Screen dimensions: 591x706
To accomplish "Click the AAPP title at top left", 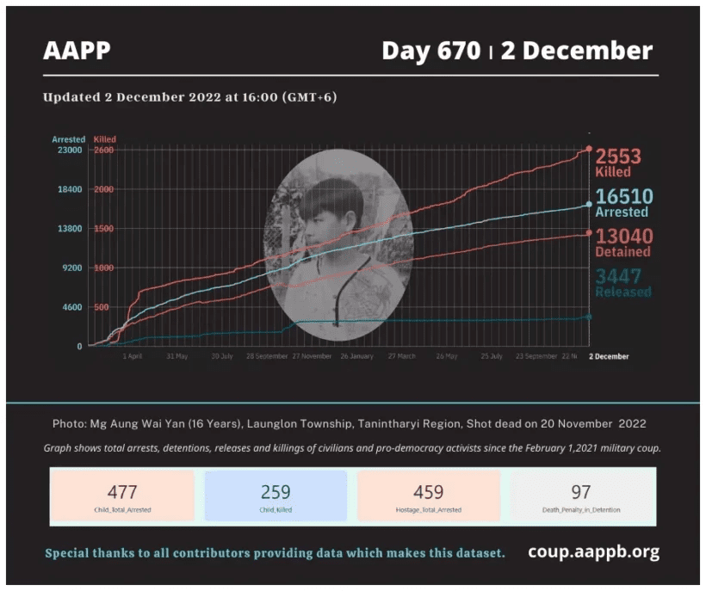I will point(77,51).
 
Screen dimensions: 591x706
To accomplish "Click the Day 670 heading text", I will point(430,51).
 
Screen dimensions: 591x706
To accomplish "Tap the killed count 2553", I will point(618,156).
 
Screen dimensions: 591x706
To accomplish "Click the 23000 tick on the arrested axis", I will point(69,150).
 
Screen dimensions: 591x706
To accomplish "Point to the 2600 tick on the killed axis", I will point(103,150).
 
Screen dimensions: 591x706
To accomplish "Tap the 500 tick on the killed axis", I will point(102,307).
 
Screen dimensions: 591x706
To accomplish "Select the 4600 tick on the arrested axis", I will point(71,307).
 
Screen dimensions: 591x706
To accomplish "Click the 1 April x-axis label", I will point(133,356).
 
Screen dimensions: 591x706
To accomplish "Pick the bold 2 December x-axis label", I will point(608,356).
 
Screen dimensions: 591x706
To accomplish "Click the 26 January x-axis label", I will point(356,356).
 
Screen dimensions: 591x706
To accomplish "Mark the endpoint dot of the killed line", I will point(589,149).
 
